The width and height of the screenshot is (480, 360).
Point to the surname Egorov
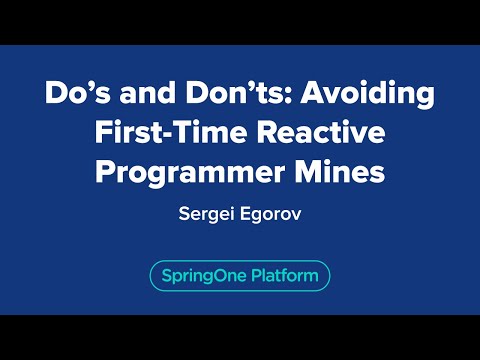click(270, 213)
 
